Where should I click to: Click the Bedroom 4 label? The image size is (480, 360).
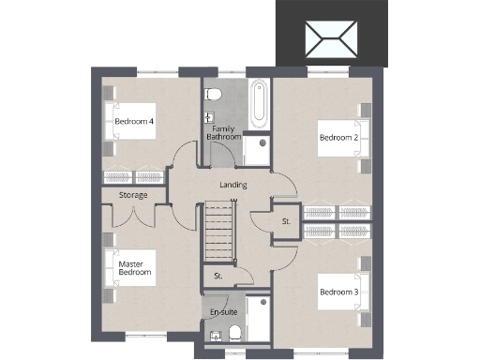click(x=134, y=122)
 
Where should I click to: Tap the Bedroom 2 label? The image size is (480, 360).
click(x=338, y=138)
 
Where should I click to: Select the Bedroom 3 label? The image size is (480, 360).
click(x=338, y=292)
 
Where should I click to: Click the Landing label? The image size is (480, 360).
click(x=232, y=185)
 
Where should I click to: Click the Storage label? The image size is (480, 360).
click(x=133, y=195)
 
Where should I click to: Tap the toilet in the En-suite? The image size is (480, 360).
click(x=234, y=335)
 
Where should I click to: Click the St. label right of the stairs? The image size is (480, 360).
click(x=285, y=221)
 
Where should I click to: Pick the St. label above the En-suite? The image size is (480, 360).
click(x=217, y=276)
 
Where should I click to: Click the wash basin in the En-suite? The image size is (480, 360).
click(x=215, y=335)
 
